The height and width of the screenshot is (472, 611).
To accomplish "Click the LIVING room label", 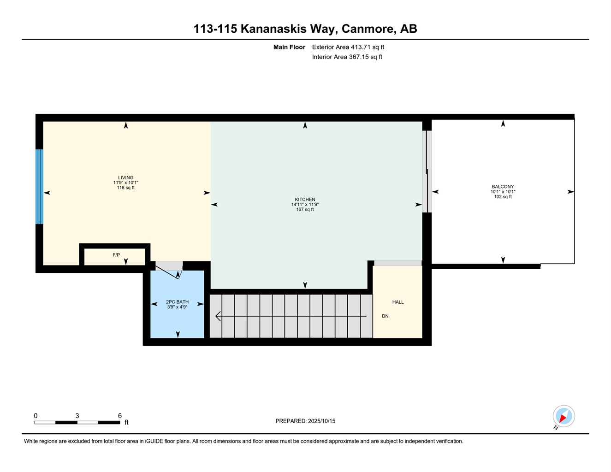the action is tap(126, 177).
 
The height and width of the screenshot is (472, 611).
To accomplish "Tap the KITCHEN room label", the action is tap(305, 200).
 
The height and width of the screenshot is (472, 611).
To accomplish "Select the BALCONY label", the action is tap(503, 187).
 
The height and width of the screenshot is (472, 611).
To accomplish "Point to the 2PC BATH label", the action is tap(177, 302).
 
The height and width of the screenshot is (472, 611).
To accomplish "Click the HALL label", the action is tap(398, 302).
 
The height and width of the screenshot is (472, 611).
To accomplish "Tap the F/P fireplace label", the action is tap(116, 255).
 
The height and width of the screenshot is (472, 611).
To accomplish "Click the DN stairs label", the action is tap(385, 316).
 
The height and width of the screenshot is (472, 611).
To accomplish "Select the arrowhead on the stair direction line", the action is tap(218, 316).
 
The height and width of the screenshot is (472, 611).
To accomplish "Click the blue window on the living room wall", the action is tap(39, 187).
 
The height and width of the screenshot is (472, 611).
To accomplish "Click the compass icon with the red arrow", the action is tap(564, 416).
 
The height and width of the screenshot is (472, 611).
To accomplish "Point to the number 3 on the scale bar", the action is tap(77, 416).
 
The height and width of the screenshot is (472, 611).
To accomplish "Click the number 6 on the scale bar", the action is tap(120, 416).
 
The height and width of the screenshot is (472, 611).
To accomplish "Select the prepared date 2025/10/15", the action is tap(322, 421).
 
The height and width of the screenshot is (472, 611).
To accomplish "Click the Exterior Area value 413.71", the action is tap(361, 47).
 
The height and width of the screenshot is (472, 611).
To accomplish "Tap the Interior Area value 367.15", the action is tap(359, 57).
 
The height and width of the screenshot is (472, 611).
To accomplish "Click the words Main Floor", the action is tap(289, 47).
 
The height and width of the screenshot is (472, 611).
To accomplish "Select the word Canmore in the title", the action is tap(368, 29).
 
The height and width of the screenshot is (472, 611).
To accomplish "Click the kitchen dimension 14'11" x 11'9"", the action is tap(305, 205).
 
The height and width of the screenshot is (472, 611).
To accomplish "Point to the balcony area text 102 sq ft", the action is tap(503, 197).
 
